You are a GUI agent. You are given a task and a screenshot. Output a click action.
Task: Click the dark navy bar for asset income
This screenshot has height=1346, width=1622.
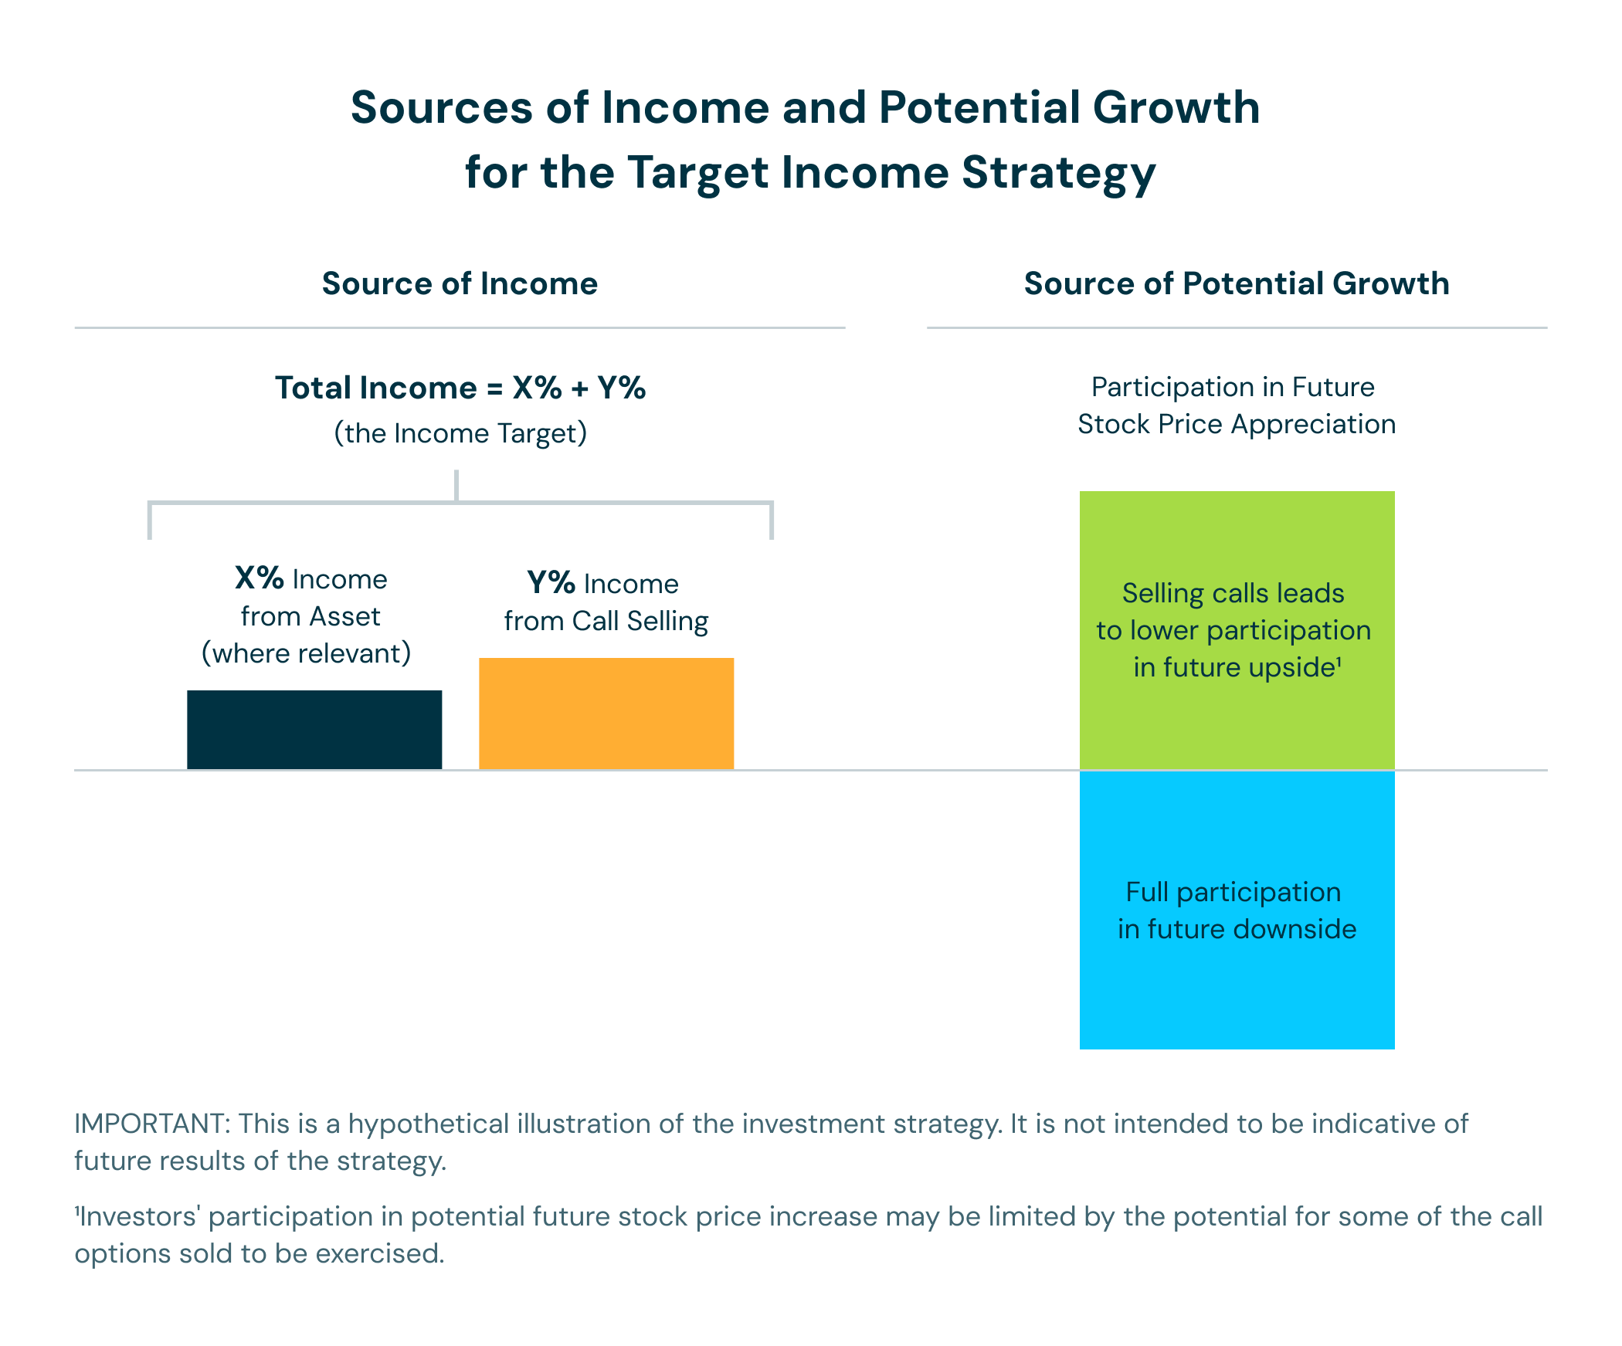pyautogui.click(x=314, y=729)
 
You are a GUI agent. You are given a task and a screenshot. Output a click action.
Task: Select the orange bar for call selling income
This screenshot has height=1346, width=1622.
pyautogui.click(x=606, y=713)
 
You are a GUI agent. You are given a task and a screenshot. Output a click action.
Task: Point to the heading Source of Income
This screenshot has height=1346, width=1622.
pyautogui.click(x=460, y=283)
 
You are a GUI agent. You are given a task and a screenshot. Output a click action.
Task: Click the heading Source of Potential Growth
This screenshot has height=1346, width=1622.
pyautogui.click(x=1237, y=283)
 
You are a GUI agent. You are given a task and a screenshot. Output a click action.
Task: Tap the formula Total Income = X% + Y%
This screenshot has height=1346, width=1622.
pyautogui.click(x=460, y=388)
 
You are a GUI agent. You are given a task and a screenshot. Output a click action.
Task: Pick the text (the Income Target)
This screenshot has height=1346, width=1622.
pyautogui.click(x=460, y=433)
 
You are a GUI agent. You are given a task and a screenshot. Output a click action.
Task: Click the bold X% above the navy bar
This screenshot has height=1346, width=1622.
pyautogui.click(x=260, y=578)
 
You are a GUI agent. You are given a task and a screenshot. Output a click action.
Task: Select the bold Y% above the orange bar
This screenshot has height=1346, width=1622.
pyautogui.click(x=551, y=582)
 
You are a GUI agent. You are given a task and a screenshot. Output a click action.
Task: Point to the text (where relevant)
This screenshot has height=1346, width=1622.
pyautogui.click(x=307, y=653)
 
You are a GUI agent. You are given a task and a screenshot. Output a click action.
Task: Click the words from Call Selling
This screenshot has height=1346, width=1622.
pyautogui.click(x=606, y=621)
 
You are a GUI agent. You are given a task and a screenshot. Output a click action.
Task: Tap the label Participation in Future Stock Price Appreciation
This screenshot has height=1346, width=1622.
pyautogui.click(x=1236, y=405)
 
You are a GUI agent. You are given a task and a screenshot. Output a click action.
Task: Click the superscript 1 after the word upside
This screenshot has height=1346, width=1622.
pyautogui.click(x=1339, y=660)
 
